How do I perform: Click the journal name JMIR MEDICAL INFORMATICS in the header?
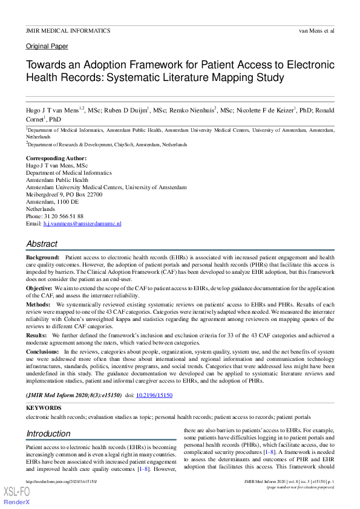click(x=68, y=30)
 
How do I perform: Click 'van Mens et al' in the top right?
click(x=316, y=30)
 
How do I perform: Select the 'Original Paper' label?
click(x=47, y=47)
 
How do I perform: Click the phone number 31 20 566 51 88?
click(x=64, y=216)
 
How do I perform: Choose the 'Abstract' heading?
click(x=42, y=244)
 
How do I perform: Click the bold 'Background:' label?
click(x=42, y=258)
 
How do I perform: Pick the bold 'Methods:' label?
click(x=39, y=305)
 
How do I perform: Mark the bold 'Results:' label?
click(x=37, y=334)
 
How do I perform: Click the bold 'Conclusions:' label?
click(x=44, y=351)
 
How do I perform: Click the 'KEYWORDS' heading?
click(x=44, y=408)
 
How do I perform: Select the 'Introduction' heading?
click(x=48, y=433)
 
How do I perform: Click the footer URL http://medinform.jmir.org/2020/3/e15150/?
click(x=61, y=482)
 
